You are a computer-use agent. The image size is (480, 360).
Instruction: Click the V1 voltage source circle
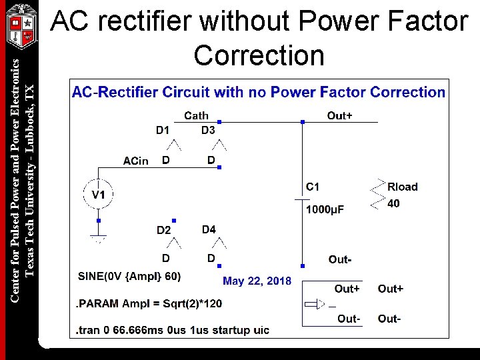coord(99,194)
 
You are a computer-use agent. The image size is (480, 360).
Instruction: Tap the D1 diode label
coord(163,130)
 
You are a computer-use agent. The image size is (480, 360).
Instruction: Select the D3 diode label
coord(208,130)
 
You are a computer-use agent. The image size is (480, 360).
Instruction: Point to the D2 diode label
coord(164,231)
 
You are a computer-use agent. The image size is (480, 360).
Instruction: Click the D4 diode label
coord(209,229)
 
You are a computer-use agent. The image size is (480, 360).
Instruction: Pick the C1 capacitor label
coord(313,187)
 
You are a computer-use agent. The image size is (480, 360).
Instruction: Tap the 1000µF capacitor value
coord(325,210)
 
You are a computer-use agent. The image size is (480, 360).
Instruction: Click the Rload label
coord(402,187)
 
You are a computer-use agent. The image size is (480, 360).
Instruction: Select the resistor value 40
coord(394,203)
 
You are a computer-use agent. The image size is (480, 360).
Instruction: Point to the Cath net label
coord(196,115)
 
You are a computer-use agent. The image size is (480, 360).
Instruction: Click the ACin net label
coord(136,161)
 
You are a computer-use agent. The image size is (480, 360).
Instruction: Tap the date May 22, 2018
coord(257,281)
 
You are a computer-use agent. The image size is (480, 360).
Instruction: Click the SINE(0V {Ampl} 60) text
coord(129,276)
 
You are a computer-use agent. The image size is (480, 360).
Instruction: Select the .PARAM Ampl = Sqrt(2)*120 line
coord(149,303)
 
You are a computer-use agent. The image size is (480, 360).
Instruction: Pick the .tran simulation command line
coord(173,330)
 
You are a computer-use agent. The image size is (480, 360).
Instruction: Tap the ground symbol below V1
coord(98,238)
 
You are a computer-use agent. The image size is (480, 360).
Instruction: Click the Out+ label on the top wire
coord(339,116)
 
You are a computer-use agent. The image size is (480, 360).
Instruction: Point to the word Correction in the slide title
coord(259,55)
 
